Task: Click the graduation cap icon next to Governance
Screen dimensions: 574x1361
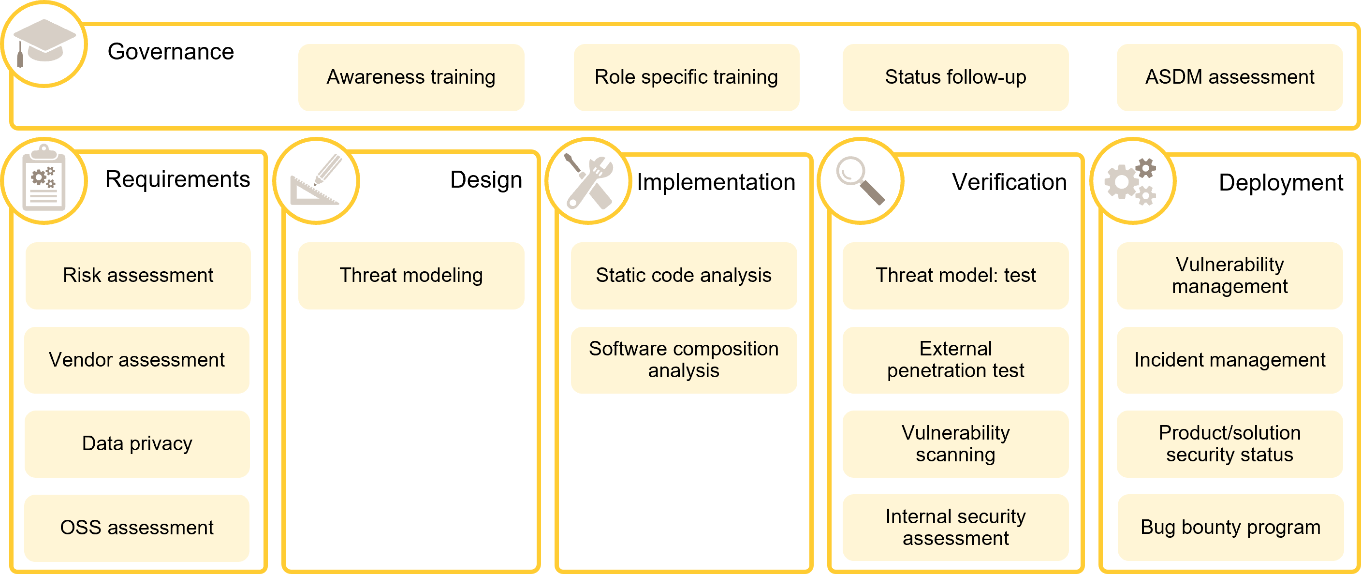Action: (x=44, y=44)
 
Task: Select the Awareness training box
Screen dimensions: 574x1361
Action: (x=411, y=77)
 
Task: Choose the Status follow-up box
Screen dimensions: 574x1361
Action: (x=955, y=77)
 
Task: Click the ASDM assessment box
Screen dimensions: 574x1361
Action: (x=1229, y=77)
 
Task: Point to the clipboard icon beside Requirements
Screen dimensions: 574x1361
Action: (x=44, y=180)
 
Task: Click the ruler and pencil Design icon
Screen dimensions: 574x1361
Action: (x=316, y=180)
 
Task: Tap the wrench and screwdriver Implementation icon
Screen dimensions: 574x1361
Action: (x=588, y=180)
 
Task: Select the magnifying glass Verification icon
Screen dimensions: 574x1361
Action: (x=860, y=180)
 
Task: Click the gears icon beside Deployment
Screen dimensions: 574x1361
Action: (x=1132, y=180)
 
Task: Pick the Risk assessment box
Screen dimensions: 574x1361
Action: (x=138, y=275)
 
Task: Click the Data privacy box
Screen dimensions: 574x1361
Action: (x=137, y=443)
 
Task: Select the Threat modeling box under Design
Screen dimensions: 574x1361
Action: (x=411, y=275)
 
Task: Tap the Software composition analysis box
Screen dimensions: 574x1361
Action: (x=684, y=359)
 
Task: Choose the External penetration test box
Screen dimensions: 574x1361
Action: (x=955, y=359)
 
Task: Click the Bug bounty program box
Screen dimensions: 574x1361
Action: (x=1230, y=527)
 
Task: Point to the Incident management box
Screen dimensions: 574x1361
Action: (x=1229, y=359)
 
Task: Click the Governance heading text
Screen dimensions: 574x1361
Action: (x=170, y=52)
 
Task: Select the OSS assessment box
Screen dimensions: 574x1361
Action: (x=137, y=528)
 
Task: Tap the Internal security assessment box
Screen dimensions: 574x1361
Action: (x=955, y=527)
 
